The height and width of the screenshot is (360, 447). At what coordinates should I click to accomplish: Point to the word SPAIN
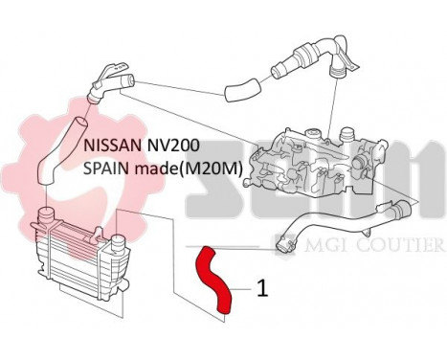104,168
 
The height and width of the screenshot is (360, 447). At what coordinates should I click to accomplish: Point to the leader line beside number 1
243,284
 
